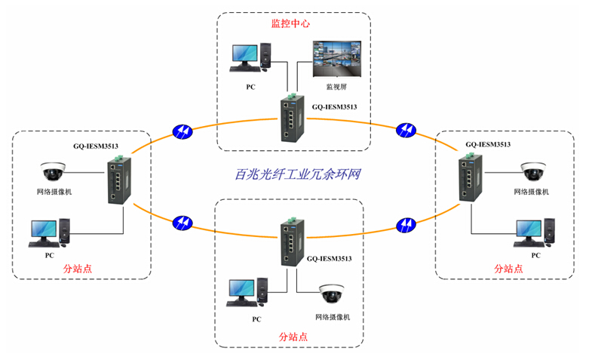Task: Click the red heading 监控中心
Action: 291,23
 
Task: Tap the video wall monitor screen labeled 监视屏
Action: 336,60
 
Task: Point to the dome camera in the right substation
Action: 532,171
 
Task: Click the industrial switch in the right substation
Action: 467,177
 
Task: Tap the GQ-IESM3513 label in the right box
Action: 488,144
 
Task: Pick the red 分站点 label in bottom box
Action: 293,337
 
